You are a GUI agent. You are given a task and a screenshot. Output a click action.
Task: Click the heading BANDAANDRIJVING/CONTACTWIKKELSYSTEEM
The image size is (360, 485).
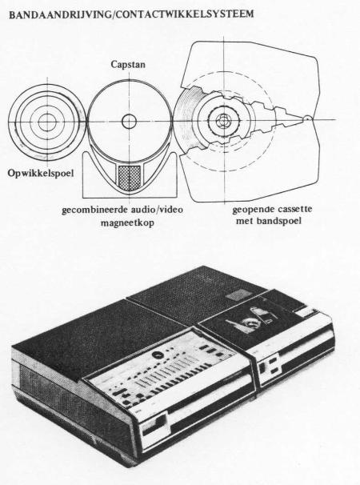tap(131, 15)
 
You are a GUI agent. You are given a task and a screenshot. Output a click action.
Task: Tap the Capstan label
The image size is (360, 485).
tap(128, 65)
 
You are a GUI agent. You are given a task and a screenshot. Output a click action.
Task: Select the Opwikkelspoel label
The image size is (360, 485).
tap(41, 173)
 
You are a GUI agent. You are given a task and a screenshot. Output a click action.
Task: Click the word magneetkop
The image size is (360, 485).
tap(127, 222)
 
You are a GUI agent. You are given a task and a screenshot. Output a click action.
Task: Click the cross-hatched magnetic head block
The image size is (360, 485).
tap(130, 177)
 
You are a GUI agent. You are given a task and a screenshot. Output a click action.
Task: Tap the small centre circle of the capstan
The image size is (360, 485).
tap(130, 122)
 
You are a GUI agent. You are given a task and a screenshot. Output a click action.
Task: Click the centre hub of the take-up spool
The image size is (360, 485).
tap(47, 122)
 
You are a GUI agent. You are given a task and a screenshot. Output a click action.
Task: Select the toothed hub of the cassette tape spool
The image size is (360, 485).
tap(223, 120)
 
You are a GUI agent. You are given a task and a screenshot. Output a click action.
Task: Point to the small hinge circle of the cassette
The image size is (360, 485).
tap(307, 118)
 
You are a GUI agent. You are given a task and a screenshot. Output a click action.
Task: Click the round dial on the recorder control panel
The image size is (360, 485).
tap(157, 355)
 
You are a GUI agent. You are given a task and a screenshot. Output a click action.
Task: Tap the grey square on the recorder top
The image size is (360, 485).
tap(238, 295)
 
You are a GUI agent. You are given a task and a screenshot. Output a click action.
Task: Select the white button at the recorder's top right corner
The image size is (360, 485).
tap(306, 313)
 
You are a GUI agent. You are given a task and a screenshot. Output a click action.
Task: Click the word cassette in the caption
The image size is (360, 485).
tap(294, 209)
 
